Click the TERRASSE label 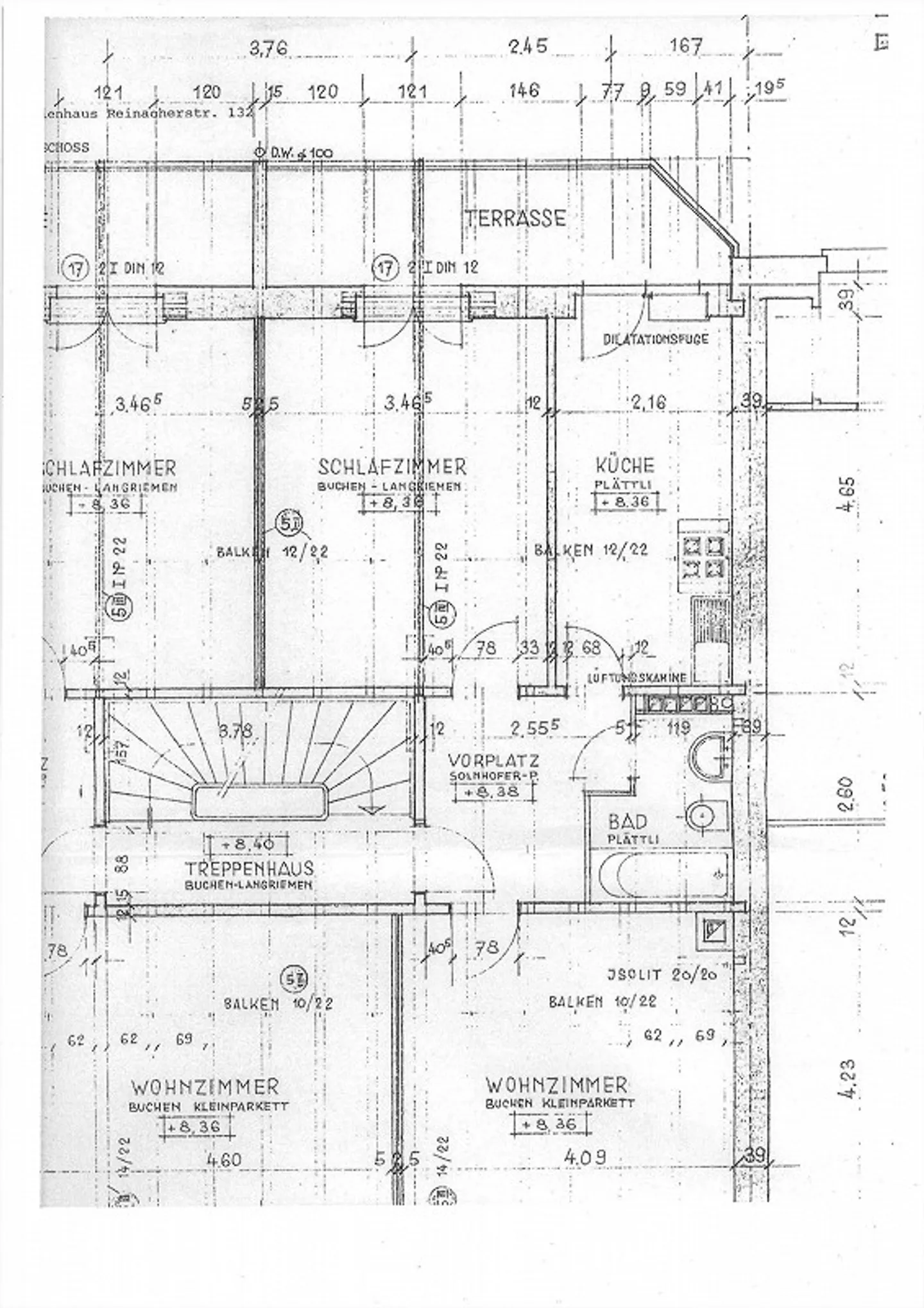(515, 218)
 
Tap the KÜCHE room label (624, 465)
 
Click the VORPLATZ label (493, 761)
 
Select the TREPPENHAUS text (249, 869)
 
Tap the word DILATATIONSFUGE (655, 339)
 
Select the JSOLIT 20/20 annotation (661, 974)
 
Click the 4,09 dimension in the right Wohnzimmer (584, 1157)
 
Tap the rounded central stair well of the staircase (257, 801)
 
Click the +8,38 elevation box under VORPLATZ (494, 792)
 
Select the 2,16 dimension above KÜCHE (648, 403)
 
